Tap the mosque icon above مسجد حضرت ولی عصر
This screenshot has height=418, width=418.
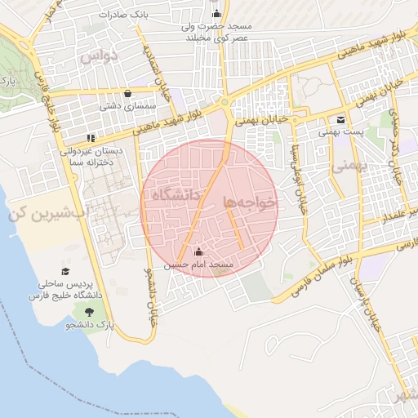click(x=216, y=14)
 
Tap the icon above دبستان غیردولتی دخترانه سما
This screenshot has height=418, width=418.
click(x=90, y=138)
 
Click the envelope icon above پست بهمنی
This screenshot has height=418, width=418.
click(x=340, y=119)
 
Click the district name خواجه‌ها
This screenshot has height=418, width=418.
click(x=251, y=200)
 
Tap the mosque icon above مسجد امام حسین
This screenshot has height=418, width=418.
click(x=199, y=252)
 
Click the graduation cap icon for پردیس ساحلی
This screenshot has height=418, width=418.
click(x=65, y=272)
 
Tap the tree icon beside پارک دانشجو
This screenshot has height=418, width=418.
click(x=88, y=312)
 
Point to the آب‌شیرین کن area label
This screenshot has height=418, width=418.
click(x=39, y=215)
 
